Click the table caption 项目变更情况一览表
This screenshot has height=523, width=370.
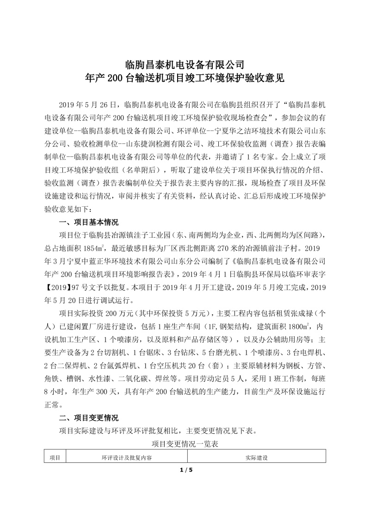pyautogui.click(x=185, y=444)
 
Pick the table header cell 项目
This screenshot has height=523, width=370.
pyautogui.click(x=55, y=458)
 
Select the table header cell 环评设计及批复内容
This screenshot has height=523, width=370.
pyautogui.click(x=127, y=458)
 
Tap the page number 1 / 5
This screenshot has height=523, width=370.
pyautogui.click(x=185, y=470)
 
